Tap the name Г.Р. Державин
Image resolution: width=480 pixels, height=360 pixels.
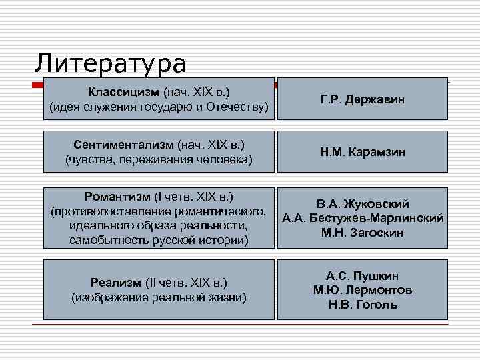[362, 99]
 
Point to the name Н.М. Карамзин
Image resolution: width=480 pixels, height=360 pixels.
[362, 153]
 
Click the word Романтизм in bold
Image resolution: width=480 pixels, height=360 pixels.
[117, 197]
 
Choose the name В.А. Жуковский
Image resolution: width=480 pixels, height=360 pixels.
[363, 204]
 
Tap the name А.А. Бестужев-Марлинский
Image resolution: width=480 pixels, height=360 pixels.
[363, 218]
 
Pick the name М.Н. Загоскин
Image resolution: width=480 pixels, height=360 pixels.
[363, 233]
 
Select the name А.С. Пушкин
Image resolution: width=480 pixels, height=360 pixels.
[363, 275]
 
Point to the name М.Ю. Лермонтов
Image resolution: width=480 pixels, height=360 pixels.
[363, 290]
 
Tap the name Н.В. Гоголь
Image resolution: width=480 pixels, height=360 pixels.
[363, 305]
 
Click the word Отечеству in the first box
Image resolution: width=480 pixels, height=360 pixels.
[238, 106]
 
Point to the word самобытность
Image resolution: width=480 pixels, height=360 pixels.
[105, 240]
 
